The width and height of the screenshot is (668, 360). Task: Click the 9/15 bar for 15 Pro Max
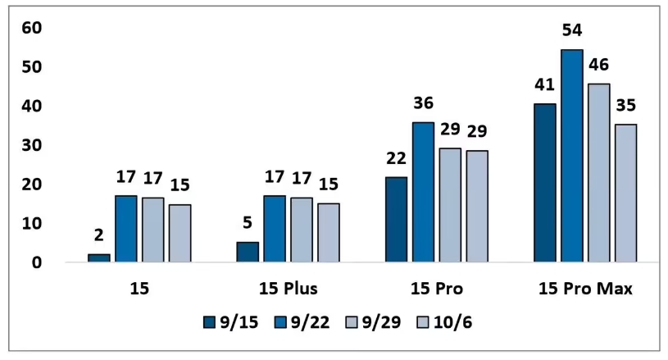[x=544, y=183]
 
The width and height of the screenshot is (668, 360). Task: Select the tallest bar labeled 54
[x=571, y=156]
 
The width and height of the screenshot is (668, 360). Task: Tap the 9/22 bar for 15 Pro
[x=423, y=192]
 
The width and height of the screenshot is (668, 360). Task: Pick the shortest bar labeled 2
[x=99, y=258]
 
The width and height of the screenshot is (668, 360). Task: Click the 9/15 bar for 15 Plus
[x=248, y=252]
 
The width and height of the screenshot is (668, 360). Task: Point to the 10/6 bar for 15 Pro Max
[x=625, y=193]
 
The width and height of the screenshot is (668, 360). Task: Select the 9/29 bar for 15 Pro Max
[x=598, y=172]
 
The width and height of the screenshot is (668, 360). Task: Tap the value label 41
[x=544, y=85]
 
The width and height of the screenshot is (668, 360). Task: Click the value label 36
[x=423, y=103]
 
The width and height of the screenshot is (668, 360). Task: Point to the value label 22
[x=397, y=158]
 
